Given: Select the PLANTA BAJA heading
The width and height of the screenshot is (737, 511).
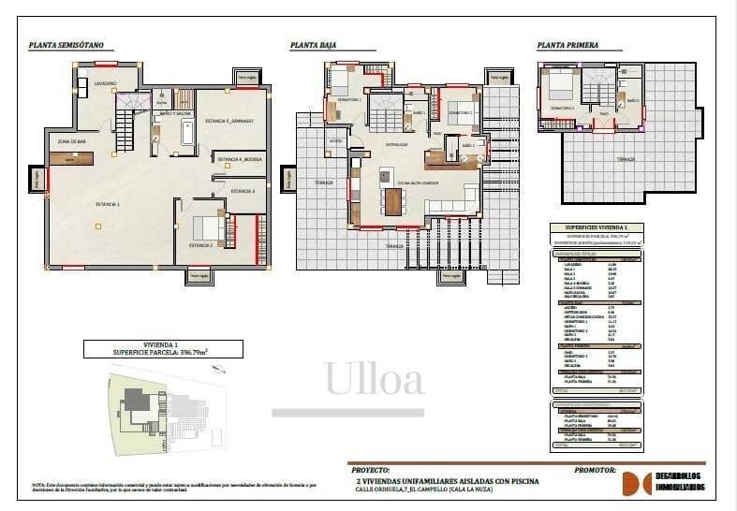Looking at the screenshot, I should coord(314,44).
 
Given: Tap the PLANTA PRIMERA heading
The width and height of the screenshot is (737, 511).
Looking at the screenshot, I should coord(567,44).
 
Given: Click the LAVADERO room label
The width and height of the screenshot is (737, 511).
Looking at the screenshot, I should coord(105,83).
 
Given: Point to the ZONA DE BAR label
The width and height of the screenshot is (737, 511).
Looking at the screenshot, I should coord(72,140).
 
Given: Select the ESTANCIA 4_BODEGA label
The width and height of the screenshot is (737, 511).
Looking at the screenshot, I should coord(241,160).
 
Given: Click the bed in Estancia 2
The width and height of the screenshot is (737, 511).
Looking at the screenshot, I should coord(207,226).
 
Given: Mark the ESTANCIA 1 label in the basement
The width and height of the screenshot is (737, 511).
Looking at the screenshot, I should coord(108,202).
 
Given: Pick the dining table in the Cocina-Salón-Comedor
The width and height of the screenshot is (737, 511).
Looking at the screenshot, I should coord(392,201).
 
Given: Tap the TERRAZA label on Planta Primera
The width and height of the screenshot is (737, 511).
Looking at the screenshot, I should coord(626,158).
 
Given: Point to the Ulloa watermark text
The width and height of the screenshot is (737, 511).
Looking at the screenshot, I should coord(374,380).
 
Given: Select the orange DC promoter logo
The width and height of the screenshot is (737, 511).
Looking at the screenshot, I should coord(638,482).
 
